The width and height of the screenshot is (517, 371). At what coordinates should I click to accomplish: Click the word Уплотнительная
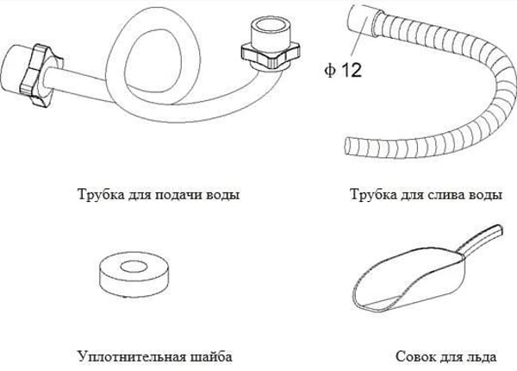133,357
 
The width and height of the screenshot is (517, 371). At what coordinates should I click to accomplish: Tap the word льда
482,357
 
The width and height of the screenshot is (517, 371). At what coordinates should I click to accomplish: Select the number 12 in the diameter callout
351,70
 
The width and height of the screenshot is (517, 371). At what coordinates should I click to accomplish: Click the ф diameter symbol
330,70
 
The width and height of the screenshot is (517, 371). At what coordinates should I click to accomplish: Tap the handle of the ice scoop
481,240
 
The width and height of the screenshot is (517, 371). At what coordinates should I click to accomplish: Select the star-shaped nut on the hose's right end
271,53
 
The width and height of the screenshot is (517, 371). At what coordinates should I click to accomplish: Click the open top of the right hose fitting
270,25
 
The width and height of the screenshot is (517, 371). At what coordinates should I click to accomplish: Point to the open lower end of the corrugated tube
348,144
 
